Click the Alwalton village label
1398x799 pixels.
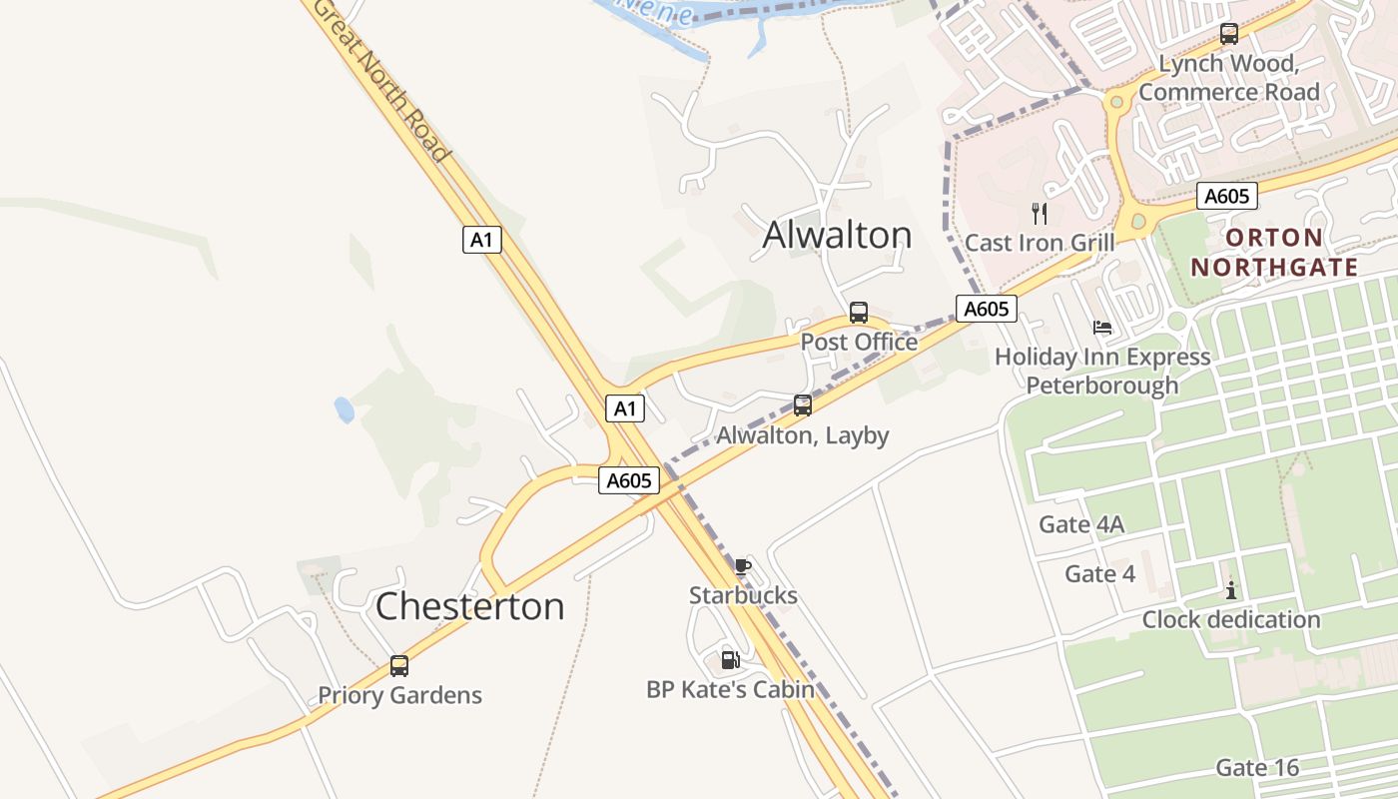tap(837, 235)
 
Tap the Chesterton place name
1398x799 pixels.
tap(469, 606)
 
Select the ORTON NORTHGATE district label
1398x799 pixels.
tap(1274, 253)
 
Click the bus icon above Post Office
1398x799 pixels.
tap(859, 312)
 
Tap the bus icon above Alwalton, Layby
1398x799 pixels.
tap(803, 404)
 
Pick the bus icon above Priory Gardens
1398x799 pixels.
tap(399, 665)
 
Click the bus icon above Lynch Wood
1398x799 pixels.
tap(1229, 33)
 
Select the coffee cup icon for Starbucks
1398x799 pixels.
tap(742, 566)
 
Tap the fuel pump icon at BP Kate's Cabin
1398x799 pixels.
tap(730, 659)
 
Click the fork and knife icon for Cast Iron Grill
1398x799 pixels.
tap(1040, 213)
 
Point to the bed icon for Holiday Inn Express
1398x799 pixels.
tap(1102, 327)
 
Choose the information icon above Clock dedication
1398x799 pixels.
tap(1231, 590)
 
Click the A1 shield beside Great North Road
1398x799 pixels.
tap(482, 240)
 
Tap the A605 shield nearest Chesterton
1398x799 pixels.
tap(630, 480)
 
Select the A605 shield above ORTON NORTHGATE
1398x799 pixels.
tap(1226, 196)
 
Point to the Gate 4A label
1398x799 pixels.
tap(1081, 524)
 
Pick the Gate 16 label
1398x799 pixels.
tap(1257, 767)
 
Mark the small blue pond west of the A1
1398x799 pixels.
tap(344, 409)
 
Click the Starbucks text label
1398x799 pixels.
tap(743, 596)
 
